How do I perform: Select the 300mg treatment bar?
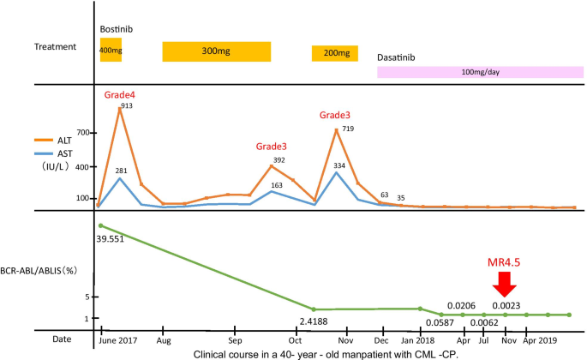click(x=216, y=51)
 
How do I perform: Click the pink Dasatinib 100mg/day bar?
click(x=479, y=72)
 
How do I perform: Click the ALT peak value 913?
click(x=127, y=105)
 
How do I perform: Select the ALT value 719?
click(x=347, y=128)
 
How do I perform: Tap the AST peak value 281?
click(x=122, y=171)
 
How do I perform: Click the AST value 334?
click(x=338, y=165)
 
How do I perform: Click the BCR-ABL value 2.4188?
click(x=313, y=322)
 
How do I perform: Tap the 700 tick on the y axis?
click(x=82, y=134)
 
